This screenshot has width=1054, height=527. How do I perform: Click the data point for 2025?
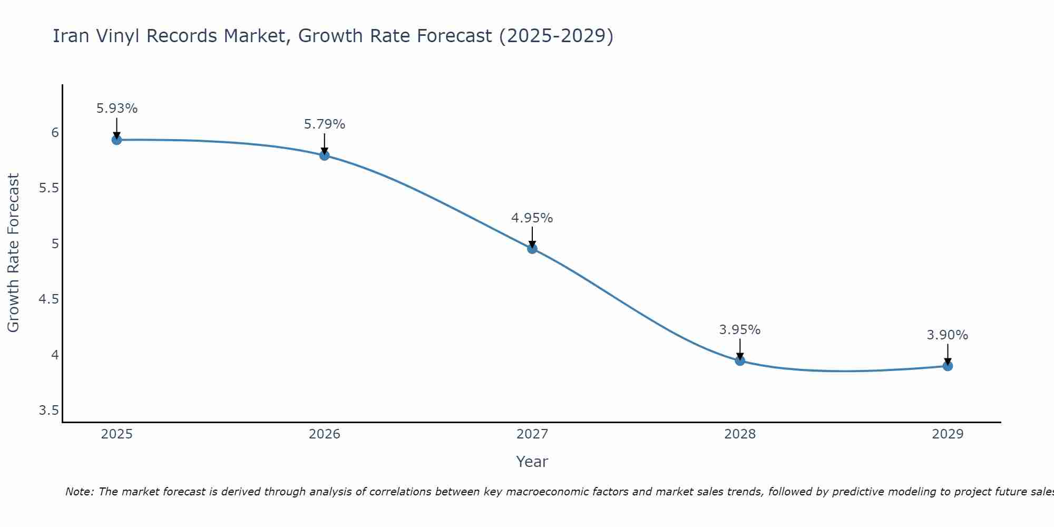pyautogui.click(x=116, y=140)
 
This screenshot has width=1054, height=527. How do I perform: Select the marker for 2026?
pyautogui.click(x=324, y=155)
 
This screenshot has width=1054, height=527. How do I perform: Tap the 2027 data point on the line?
pyautogui.click(x=532, y=249)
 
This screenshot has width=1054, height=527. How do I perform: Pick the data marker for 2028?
pyautogui.click(x=740, y=360)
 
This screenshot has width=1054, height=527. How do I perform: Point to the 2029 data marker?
pyautogui.click(x=948, y=366)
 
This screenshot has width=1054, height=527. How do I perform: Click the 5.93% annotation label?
pyautogui.click(x=116, y=109)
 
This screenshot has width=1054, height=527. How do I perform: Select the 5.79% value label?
pyautogui.click(x=324, y=124)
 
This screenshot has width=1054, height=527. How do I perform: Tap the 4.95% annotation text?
pyautogui.click(x=532, y=218)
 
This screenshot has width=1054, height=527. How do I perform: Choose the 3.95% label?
pyautogui.click(x=740, y=330)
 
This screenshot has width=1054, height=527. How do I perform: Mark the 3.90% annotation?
pyautogui.click(x=948, y=335)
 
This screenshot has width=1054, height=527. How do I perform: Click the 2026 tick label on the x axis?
pyautogui.click(x=324, y=434)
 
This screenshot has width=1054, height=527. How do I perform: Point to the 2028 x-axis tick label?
pyautogui.click(x=740, y=434)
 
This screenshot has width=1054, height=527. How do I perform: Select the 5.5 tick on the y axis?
pyautogui.click(x=48, y=188)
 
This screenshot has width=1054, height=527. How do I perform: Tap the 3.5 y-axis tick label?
pyautogui.click(x=48, y=411)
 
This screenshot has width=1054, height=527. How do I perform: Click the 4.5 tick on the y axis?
pyautogui.click(x=48, y=299)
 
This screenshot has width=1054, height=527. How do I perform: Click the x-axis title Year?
pyautogui.click(x=532, y=462)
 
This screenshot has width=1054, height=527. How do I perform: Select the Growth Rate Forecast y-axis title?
pyautogui.click(x=14, y=253)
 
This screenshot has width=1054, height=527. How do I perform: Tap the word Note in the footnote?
pyautogui.click(x=79, y=492)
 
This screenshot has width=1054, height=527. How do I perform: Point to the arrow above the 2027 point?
pyautogui.click(x=532, y=237)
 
